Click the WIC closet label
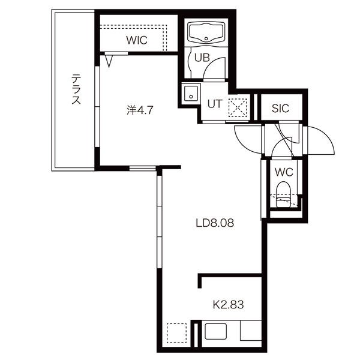(x=137, y=40)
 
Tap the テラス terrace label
(x=76, y=89)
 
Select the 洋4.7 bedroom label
(x=140, y=110)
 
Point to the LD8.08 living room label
(x=215, y=223)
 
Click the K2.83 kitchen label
(x=228, y=305)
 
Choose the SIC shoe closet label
(x=280, y=108)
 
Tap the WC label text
(x=284, y=172)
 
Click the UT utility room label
(x=215, y=104)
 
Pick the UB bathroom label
(x=202, y=58)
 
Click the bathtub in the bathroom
(x=206, y=32)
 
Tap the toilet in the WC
(x=283, y=194)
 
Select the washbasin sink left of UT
(x=191, y=94)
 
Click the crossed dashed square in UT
(x=238, y=107)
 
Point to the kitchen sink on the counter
(x=215, y=331)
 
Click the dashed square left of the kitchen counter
(x=176, y=333)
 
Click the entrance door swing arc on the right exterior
(x=326, y=136)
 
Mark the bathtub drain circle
(x=206, y=38)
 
